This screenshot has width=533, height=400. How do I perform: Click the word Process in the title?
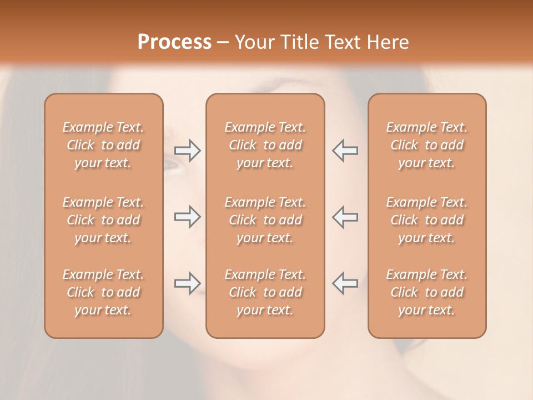(x=174, y=42)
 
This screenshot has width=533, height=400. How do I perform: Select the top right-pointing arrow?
(x=187, y=151)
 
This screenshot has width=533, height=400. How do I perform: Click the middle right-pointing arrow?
(x=187, y=217)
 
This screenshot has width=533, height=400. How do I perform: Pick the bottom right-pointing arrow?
(x=187, y=283)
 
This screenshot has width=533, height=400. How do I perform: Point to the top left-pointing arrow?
(x=345, y=151)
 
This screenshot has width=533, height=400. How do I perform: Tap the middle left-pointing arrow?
(x=345, y=217)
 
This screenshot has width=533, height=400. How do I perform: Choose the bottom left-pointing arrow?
(x=345, y=283)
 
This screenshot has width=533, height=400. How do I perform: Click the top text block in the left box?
(x=103, y=145)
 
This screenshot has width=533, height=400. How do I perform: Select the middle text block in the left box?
(x=103, y=220)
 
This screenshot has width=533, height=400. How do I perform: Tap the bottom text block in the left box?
(x=103, y=292)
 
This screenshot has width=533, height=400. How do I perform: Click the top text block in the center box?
(x=265, y=145)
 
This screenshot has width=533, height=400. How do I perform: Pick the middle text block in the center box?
(x=265, y=220)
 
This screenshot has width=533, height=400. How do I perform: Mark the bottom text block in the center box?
(x=265, y=292)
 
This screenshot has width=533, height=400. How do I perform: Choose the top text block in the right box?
(x=427, y=145)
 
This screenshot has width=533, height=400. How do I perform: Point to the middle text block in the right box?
(x=427, y=220)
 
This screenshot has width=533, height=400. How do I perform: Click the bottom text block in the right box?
(x=427, y=292)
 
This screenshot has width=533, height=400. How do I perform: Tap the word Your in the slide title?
(x=254, y=42)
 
